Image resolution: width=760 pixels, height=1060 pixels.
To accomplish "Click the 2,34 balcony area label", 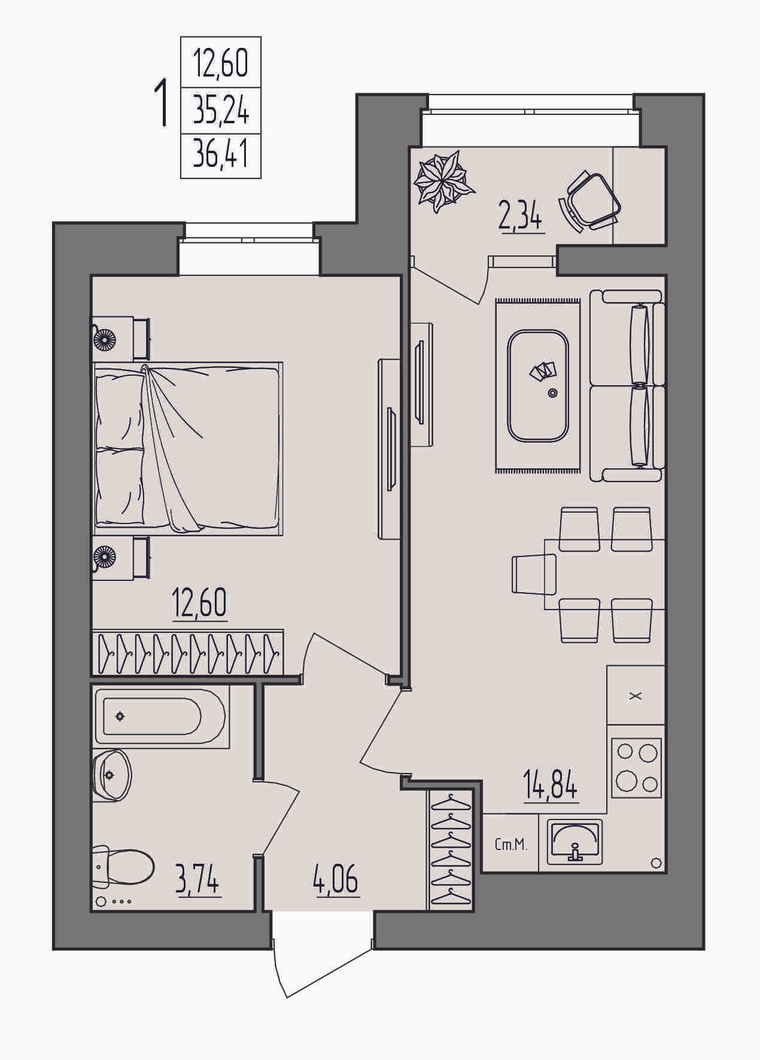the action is tap(521, 217).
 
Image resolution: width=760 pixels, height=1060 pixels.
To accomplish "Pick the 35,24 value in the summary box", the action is tap(221, 110).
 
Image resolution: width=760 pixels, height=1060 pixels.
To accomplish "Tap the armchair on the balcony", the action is tap(589, 200).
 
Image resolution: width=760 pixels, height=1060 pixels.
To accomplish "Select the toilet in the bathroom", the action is tap(123, 866).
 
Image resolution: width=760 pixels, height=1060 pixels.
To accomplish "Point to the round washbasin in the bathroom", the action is tap(112, 775).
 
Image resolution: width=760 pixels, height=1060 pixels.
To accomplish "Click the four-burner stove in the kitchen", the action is tap(637, 769).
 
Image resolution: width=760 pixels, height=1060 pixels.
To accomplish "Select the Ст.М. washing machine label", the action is tap(511, 845).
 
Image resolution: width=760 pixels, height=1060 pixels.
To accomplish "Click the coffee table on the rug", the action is tap(538, 386).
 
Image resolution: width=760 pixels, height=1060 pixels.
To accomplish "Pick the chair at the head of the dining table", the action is tap(534, 574).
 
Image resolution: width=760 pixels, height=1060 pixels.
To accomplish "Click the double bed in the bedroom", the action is tap(187, 448).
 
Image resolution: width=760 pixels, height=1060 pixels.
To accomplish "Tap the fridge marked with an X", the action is tap(636, 695).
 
